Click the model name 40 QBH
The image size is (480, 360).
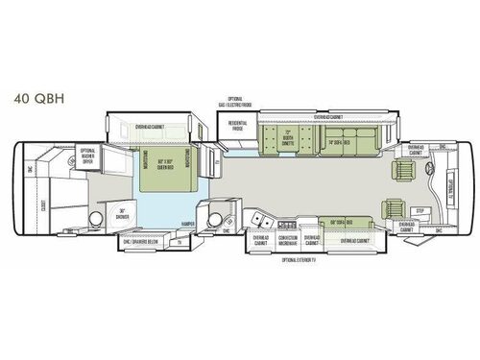35,98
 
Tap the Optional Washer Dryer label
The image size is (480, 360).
87,156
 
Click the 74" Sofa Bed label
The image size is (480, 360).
339,141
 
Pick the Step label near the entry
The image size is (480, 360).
419,208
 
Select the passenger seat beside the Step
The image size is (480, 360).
394,208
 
